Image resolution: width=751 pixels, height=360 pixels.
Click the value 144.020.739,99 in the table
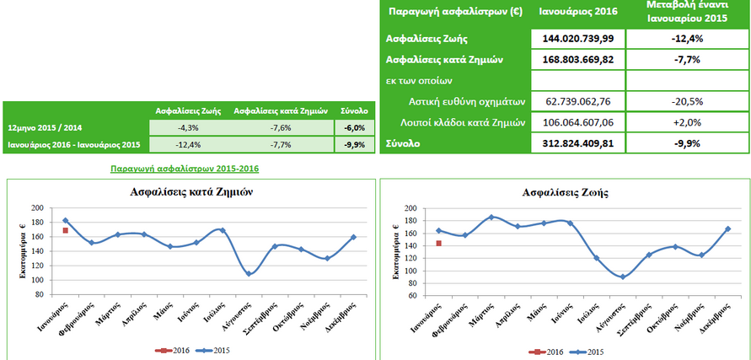point(578,39)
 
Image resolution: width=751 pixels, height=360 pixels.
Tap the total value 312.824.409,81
point(578,144)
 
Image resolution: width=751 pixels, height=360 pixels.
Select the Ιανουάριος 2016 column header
point(578,11)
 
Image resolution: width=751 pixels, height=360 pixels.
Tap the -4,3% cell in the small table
point(188,127)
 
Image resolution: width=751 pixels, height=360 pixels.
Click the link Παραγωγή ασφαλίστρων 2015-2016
point(185,169)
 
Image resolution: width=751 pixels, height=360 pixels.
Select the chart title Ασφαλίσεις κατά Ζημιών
point(191,191)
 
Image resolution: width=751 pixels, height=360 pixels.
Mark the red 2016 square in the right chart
point(438,244)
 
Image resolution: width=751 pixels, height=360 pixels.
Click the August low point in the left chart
point(248,273)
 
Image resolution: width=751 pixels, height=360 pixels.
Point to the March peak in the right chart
point(491,218)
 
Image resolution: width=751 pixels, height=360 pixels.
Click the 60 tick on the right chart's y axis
point(411,295)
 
